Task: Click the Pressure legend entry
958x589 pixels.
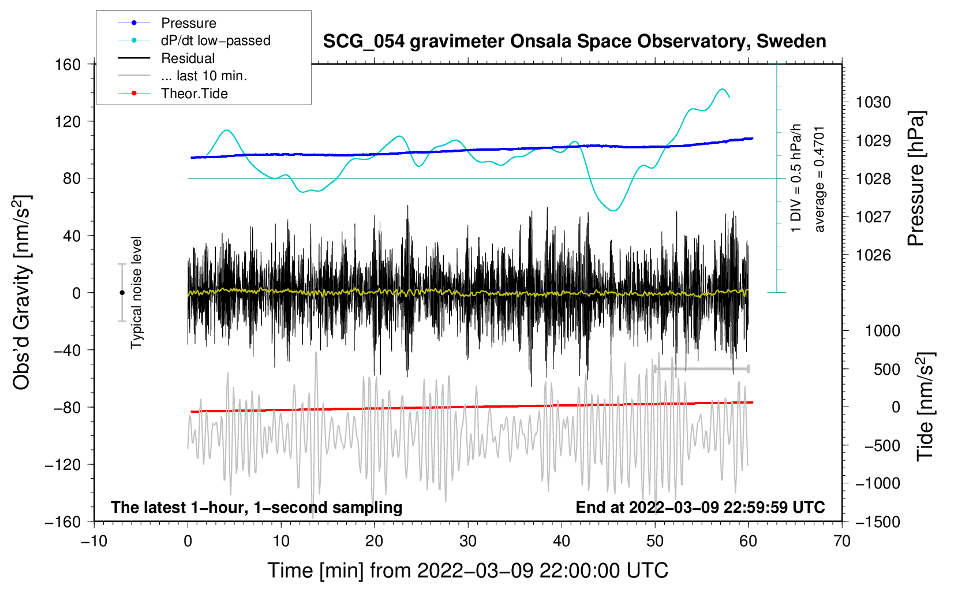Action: (188, 23)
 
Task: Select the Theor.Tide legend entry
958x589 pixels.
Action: (194, 94)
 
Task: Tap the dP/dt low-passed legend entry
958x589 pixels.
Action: (215, 40)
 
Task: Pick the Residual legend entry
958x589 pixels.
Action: (188, 58)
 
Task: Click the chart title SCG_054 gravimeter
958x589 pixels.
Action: (574, 42)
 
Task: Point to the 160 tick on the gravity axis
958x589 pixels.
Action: (68, 64)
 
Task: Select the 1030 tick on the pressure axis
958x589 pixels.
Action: (873, 102)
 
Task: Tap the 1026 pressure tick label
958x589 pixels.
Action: (873, 255)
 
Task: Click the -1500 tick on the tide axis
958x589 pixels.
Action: (877, 521)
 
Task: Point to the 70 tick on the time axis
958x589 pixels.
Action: (842, 541)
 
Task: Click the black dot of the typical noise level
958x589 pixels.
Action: (122, 293)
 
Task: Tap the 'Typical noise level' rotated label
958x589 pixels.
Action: (136, 293)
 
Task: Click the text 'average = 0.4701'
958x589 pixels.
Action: (819, 179)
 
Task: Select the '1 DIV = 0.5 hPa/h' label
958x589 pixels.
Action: (796, 178)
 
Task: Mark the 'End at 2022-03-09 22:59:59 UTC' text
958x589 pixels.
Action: (700, 507)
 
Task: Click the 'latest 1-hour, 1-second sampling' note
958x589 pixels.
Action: (257, 507)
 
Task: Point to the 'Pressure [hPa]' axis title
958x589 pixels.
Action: (916, 178)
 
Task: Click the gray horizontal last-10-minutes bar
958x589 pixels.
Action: (701, 368)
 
